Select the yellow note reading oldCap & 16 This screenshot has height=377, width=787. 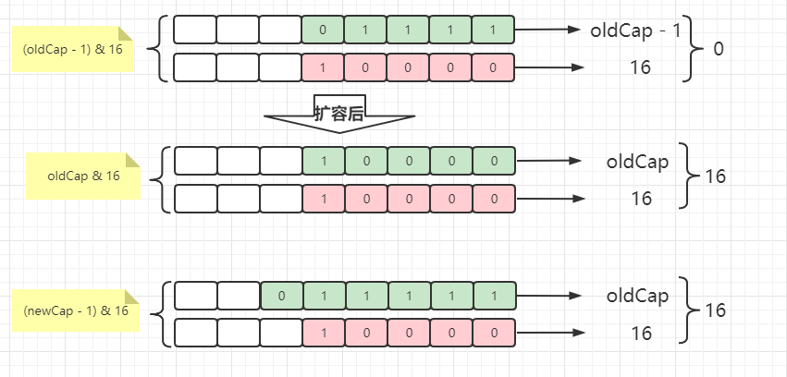click(83, 176)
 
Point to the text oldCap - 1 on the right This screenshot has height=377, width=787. click(635, 30)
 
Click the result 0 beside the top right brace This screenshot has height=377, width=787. click(719, 48)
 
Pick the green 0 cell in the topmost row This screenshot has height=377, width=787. click(323, 30)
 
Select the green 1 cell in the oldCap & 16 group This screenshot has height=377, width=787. click(323, 161)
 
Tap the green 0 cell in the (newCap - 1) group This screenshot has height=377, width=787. click(281, 296)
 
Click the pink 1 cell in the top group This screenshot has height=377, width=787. click(323, 67)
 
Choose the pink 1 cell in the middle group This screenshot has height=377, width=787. click(323, 199)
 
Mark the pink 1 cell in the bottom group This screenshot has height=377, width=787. click(323, 333)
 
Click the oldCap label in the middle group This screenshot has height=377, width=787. click(637, 162)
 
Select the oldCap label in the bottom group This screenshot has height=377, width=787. click(637, 297)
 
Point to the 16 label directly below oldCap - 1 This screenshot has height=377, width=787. click(639, 67)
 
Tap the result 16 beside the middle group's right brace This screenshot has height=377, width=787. click(718, 176)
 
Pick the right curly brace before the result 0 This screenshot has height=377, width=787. click(695, 48)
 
